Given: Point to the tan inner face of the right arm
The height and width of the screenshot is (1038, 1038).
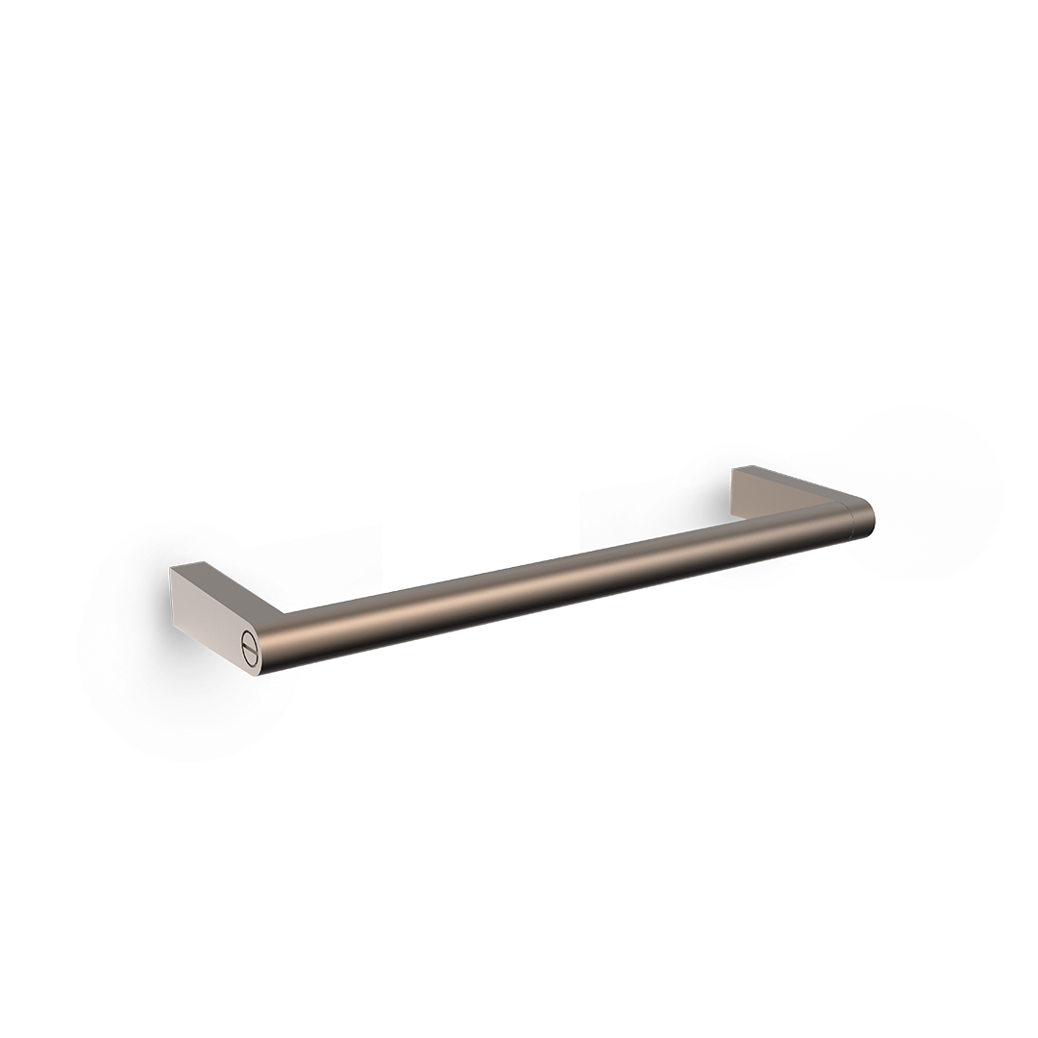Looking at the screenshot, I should pos(759,496).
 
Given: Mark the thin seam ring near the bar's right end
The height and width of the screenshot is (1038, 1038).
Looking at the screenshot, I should pos(851,521).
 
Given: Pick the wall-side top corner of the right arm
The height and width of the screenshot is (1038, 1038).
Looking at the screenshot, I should pos(734,468).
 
